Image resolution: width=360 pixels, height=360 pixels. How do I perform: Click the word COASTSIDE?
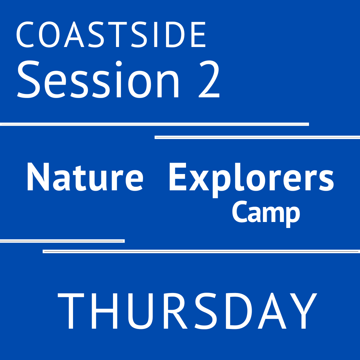point(111,35)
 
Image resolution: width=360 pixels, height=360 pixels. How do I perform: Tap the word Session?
point(98,80)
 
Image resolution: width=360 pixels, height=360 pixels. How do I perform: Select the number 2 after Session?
point(209,80)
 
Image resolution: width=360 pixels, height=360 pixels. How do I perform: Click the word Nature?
point(85,177)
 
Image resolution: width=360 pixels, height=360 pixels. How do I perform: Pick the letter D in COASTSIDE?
point(177,35)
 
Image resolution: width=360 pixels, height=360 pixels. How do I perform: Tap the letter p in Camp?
point(292,215)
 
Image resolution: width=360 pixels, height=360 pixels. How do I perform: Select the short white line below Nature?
point(62,241)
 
